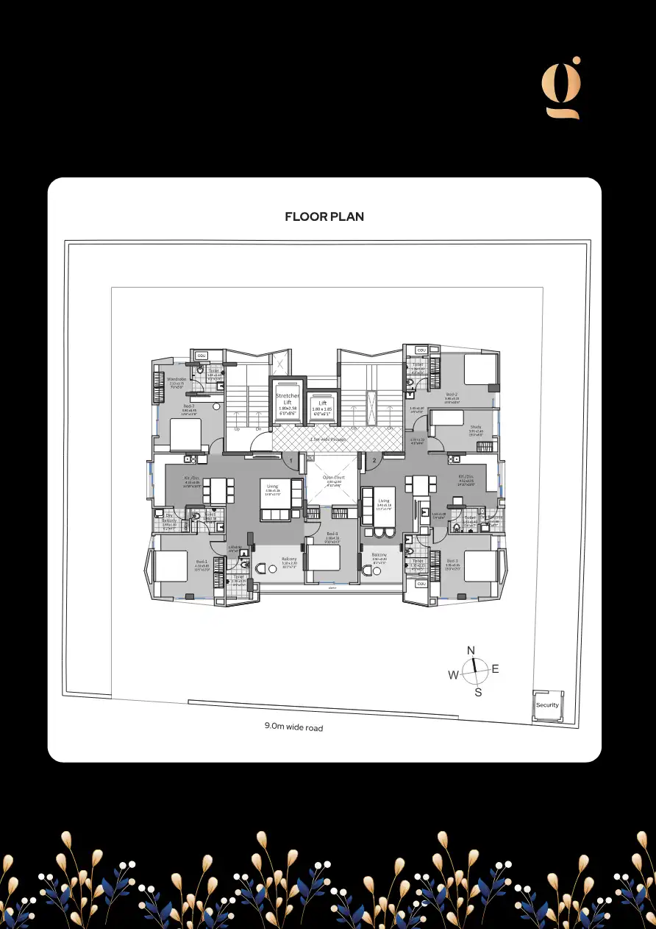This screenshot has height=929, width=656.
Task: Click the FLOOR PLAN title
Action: (324, 216)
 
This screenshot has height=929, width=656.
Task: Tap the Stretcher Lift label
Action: (288, 399)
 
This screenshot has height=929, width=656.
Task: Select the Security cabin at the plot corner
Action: (548, 705)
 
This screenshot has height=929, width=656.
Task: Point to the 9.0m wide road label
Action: (293, 727)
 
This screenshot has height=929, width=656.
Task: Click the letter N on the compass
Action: (471, 650)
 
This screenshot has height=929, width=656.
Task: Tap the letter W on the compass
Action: (454, 675)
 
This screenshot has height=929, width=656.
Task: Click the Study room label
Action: (476, 427)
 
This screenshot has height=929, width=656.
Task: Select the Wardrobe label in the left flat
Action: (177, 380)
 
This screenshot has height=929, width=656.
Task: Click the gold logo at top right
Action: (562, 88)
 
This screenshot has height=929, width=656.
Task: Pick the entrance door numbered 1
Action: (292, 461)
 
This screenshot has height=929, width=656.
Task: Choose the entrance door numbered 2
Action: (374, 461)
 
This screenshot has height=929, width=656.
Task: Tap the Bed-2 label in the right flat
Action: (452, 394)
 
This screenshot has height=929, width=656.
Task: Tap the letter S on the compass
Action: (478, 693)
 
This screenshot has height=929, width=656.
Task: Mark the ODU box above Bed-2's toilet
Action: (421, 350)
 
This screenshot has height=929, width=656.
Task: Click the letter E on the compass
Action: (495, 669)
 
